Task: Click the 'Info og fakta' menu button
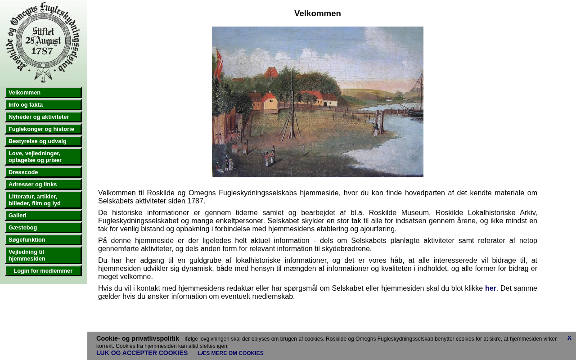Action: (43, 105)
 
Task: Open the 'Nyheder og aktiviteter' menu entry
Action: (43, 117)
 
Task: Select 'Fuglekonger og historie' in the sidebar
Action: (43, 129)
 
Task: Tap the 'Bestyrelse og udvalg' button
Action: (43, 141)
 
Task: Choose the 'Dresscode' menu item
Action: (43, 172)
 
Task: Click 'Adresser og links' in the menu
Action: (43, 184)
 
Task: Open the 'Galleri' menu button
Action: (43, 216)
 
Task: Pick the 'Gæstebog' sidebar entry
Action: (43, 228)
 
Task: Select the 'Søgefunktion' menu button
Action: (43, 240)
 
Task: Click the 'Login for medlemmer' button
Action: (43, 271)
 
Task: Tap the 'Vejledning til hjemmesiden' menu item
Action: (43, 255)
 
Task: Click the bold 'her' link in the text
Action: (490, 288)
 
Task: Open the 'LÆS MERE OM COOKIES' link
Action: (230, 353)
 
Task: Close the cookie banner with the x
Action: (569, 337)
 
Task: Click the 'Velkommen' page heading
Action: (318, 13)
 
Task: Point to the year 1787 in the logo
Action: (42, 51)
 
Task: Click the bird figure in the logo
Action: (43, 73)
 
